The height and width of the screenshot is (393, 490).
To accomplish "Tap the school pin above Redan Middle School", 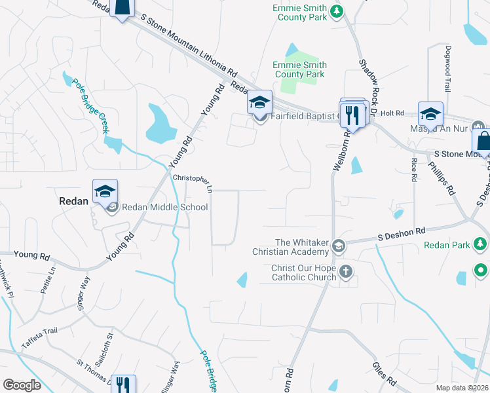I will point(105,191).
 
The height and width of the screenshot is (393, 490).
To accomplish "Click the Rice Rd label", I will point(414,169).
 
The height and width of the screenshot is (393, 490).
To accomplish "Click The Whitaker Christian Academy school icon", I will point(338,246).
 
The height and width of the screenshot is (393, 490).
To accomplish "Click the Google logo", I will point(22,385).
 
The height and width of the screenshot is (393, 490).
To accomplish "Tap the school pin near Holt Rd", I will point(430,114).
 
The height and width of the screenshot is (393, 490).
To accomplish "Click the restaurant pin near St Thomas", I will point(122,384).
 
